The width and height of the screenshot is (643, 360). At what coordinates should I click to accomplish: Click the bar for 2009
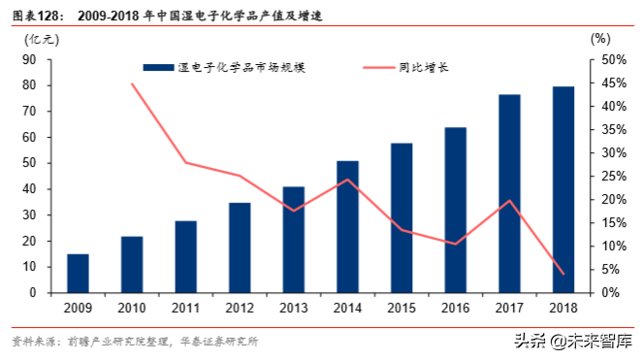point(78,273)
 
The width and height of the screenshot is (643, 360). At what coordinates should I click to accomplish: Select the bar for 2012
point(240,247)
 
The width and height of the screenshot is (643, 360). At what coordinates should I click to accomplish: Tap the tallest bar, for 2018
point(563,189)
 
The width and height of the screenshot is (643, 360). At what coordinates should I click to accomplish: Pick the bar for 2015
point(402,217)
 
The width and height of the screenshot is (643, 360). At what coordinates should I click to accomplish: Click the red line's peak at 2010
point(132,83)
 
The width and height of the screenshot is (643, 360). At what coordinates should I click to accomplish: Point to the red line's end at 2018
point(563,274)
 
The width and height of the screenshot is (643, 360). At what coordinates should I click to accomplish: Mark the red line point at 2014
point(347,180)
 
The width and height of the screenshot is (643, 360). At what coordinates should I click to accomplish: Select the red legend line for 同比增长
point(379,67)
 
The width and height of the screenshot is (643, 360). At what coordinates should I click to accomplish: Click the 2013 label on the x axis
point(294,309)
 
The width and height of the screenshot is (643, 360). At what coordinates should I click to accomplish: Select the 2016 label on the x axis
point(456,309)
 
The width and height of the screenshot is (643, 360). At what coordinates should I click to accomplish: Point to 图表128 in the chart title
point(38,13)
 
